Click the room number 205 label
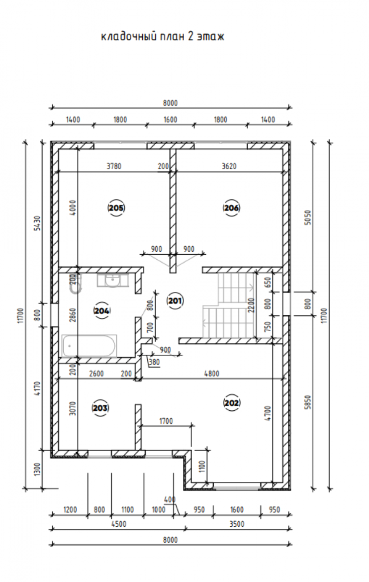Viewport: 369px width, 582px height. tap(116, 208)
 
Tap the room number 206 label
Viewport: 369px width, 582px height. tap(231, 208)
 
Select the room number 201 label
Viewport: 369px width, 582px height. tap(175, 300)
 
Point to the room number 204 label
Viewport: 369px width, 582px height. tap(102, 311)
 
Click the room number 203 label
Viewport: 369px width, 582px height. tap(100, 408)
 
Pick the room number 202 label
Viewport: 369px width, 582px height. tap(232, 403)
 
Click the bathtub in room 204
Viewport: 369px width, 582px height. tap(89, 346)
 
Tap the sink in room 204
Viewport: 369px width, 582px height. tap(113, 281)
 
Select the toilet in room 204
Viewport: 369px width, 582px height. tap(76, 285)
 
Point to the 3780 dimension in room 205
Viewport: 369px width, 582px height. tap(114, 166)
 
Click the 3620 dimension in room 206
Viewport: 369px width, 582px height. tap(229, 166)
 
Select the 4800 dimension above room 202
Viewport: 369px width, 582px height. tap(212, 373)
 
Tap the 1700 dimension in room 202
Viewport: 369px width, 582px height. tap(166, 421)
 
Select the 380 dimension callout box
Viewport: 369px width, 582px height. tap(154, 362)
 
